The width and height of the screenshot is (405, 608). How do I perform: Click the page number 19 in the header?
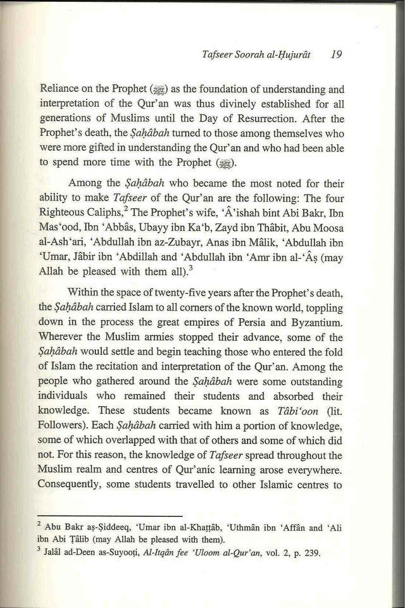tap(337, 55)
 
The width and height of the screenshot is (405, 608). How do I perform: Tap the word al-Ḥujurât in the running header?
tap(282, 56)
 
